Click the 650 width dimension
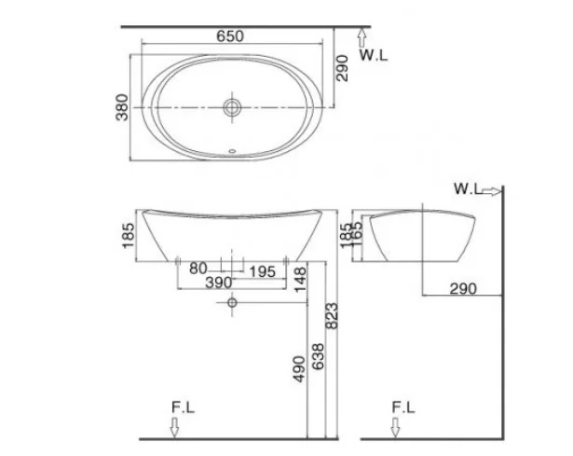(x=231, y=35)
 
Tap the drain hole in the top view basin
(x=231, y=108)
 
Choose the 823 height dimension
(x=333, y=321)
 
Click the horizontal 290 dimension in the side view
(x=461, y=288)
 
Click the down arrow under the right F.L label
(x=394, y=427)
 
